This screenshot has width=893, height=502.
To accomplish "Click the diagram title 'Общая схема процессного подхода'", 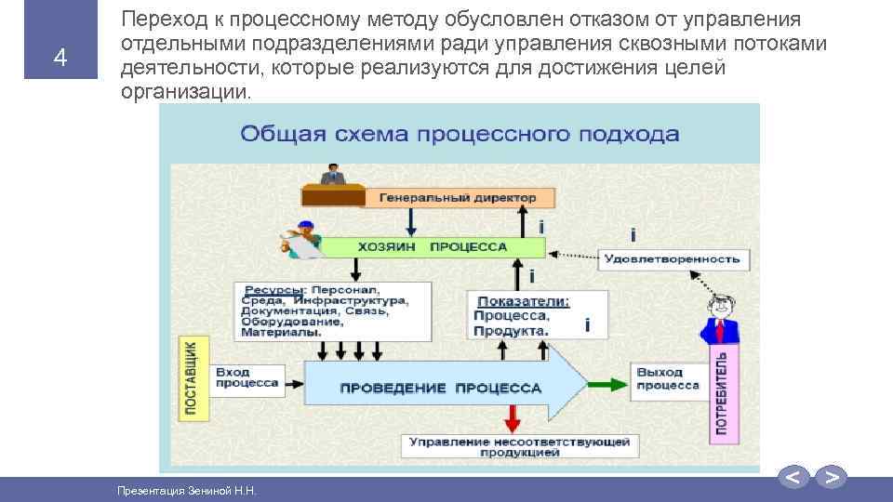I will pos(460,134).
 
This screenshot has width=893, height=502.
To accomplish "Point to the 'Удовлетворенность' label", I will pos(672,258).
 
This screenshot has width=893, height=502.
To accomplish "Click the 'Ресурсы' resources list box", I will pos(333,310).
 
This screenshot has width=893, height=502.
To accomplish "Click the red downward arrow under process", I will pos(509,416).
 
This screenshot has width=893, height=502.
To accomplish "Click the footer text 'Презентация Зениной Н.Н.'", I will pos(185,490).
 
